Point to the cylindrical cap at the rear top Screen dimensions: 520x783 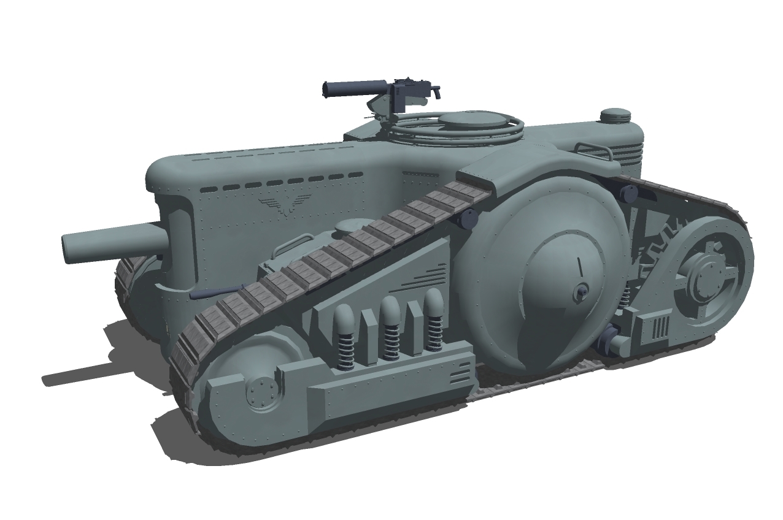[x=615, y=115]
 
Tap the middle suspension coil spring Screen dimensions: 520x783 [x=390, y=330]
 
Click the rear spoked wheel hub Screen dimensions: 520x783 [x=701, y=279]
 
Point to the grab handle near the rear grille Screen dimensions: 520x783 [x=593, y=150]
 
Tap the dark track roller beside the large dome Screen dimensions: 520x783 [x=469, y=218]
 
